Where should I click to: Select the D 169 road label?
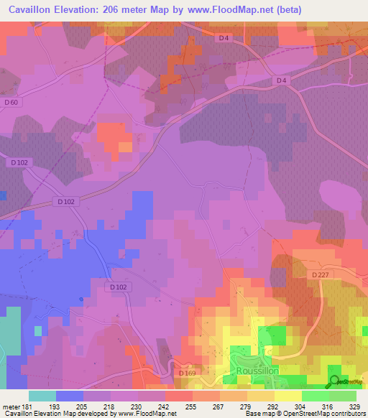point(186,373)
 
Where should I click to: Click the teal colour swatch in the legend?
point(42,396)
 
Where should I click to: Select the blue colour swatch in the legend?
point(70,396)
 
